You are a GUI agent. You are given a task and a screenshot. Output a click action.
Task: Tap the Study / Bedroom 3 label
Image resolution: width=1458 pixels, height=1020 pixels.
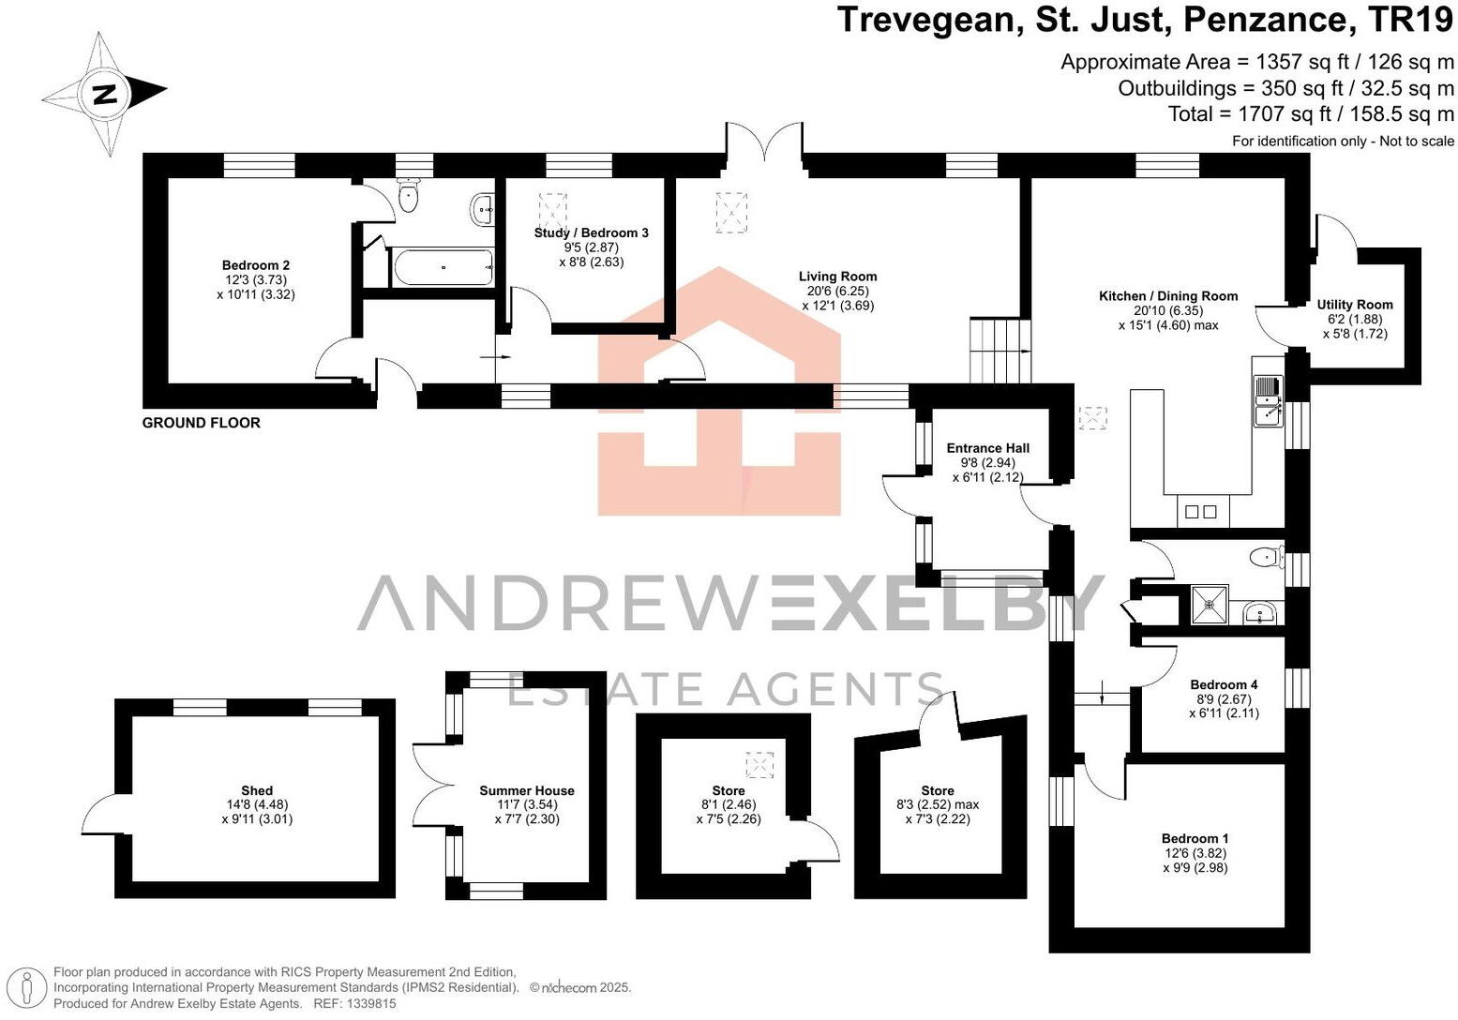591,232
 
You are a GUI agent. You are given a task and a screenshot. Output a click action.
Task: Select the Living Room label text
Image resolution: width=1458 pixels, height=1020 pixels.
837,277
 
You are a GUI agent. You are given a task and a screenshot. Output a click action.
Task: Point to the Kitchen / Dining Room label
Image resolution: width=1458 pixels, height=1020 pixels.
1167,296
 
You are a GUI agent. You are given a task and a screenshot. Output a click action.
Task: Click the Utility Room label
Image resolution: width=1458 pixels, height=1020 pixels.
1354,305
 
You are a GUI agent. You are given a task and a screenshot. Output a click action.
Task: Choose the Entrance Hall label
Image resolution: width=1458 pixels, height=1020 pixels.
987,448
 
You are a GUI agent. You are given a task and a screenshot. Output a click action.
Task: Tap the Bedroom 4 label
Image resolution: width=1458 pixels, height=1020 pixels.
1224,684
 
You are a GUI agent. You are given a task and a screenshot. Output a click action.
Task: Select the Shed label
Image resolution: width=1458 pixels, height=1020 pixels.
256,790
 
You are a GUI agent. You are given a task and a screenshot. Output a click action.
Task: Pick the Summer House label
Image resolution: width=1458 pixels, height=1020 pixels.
526,790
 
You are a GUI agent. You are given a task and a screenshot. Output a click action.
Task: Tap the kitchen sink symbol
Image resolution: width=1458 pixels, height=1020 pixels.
1268,400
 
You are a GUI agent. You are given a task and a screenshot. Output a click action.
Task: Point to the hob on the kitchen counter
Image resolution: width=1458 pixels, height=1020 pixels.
1200,512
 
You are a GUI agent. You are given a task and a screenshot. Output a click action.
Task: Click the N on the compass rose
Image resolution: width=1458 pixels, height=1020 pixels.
104,94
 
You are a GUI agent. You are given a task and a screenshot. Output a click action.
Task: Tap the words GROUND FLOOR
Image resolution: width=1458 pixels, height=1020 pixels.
201,423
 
